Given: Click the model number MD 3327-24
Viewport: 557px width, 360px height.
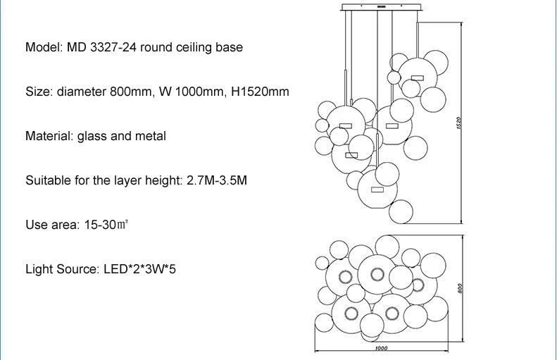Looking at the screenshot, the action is [x=101, y=47].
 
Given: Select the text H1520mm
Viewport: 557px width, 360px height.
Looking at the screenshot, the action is [x=260, y=92].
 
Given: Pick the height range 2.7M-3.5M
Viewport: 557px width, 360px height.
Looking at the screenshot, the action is [x=217, y=180].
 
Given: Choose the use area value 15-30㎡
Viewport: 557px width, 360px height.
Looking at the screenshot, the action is [x=106, y=225].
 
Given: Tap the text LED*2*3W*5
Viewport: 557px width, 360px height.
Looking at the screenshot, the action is [x=139, y=269].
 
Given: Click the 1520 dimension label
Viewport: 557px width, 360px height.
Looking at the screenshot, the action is [x=458, y=123].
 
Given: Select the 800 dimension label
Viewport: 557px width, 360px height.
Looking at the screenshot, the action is [x=460, y=288].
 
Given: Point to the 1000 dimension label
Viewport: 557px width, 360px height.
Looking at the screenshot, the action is [x=381, y=348].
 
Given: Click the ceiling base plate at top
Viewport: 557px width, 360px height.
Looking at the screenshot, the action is [x=382, y=7].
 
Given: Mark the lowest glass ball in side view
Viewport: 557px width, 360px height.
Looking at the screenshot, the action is [x=401, y=212].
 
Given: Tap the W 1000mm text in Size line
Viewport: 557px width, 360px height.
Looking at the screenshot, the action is [x=192, y=92].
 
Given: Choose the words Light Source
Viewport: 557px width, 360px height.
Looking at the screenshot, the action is [x=61, y=269].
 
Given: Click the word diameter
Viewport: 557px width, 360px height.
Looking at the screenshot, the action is [x=82, y=92].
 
